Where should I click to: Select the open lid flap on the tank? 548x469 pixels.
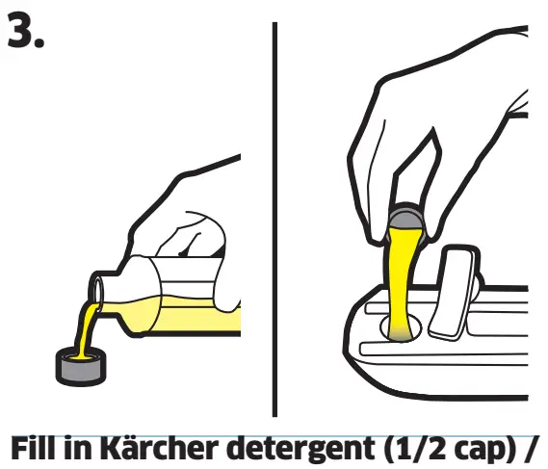453,289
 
